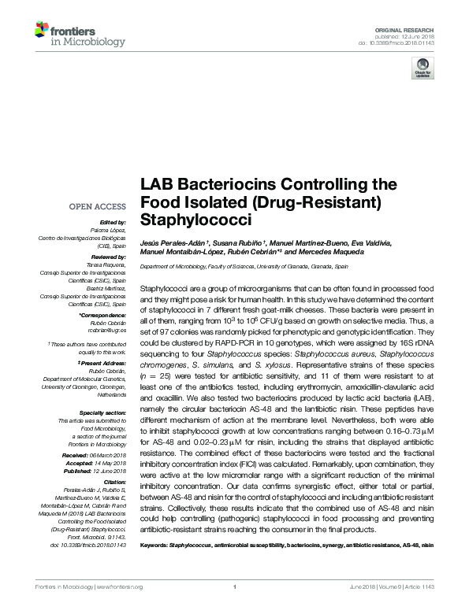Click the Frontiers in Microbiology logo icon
coord(42,31)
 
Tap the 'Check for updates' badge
coord(422,70)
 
